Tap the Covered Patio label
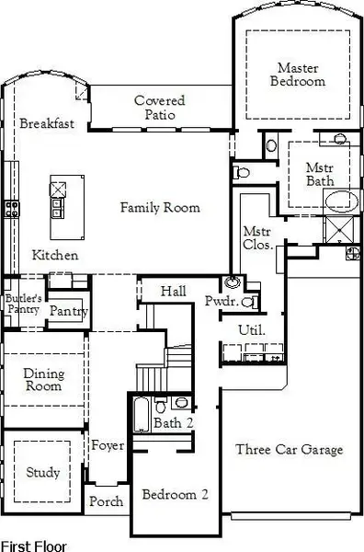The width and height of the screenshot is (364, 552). [159, 108]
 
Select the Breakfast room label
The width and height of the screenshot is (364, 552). [47, 123]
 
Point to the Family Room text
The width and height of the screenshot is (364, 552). [160, 208]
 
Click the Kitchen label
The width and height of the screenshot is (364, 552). [55, 255]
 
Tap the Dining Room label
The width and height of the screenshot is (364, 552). [43, 380]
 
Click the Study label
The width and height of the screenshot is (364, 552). [42, 473]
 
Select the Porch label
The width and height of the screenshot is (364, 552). [107, 502]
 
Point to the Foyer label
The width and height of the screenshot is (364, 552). [108, 446]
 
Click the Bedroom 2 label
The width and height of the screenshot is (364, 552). [175, 494]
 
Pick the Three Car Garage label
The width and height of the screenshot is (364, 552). [289, 450]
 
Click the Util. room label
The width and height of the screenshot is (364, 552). [252, 329]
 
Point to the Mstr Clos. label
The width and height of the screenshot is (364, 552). [256, 238]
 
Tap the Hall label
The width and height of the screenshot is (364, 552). [174, 291]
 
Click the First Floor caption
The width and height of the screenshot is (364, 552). [33, 545]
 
